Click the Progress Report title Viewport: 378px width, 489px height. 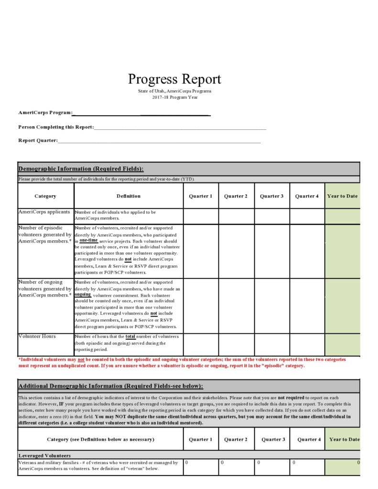click(174, 79)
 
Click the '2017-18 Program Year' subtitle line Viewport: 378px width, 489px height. click(174, 97)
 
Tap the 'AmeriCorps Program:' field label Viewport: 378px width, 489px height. click(45, 113)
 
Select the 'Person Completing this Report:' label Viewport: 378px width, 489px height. click(56, 127)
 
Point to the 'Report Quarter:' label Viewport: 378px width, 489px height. click(38, 140)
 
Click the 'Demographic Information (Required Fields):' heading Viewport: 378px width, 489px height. click(81, 169)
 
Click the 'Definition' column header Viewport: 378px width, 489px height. click(129, 196)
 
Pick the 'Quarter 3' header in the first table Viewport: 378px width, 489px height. click(271, 196)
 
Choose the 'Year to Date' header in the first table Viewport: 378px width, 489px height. click(342, 196)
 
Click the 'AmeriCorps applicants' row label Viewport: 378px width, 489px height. click(44, 212)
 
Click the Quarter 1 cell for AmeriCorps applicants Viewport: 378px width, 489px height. click(201, 216)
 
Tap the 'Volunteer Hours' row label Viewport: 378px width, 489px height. click(37, 336)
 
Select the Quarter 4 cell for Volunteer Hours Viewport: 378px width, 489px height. click(307, 344)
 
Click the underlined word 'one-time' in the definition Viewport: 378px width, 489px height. click(89, 240)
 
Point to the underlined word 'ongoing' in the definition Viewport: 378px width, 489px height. click(83, 294)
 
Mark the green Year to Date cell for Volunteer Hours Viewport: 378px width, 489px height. click(342, 344)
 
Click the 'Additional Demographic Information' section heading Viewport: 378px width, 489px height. click(110, 386)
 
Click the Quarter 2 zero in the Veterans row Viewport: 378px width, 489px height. click(222, 462)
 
